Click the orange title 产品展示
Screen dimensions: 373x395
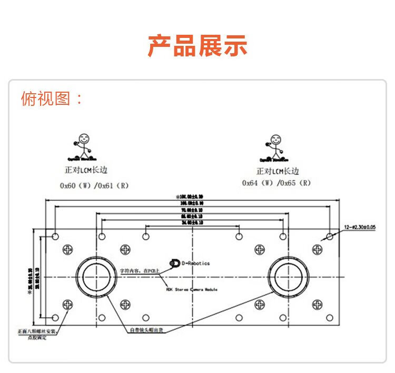tap(197, 46)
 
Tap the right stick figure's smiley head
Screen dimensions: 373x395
tap(275, 139)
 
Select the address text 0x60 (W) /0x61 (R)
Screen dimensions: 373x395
tap(94, 185)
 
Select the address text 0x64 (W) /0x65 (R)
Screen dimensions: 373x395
tap(276, 183)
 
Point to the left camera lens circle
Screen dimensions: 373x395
tap(97, 277)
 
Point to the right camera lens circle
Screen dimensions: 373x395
tap(288, 277)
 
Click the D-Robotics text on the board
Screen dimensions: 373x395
tap(195, 263)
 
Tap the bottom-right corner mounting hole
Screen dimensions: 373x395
tap(330, 318)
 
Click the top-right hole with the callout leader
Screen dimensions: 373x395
tap(330, 236)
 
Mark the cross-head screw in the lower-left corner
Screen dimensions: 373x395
tap(67, 305)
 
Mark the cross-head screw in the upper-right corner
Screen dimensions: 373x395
tap(317, 249)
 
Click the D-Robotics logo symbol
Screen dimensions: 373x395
tap(174, 263)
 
